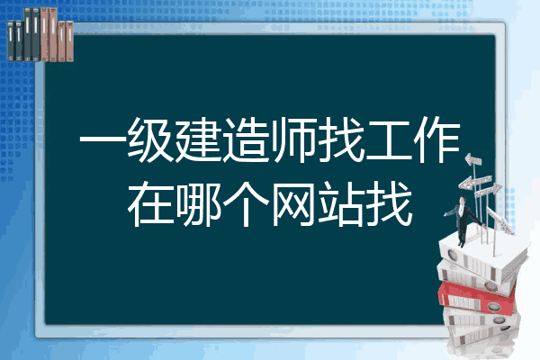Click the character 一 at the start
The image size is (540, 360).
[x=102, y=140]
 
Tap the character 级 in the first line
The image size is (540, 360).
[x=150, y=140]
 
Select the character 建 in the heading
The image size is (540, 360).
[x=198, y=140]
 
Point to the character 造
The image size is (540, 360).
[x=246, y=140]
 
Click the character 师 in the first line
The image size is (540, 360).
[x=293, y=140]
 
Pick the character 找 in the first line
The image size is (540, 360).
[x=342, y=140]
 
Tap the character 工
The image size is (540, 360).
[x=390, y=140]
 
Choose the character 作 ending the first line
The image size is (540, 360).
[x=437, y=140]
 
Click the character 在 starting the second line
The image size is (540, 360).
[x=150, y=204]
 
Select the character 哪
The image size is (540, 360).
[x=198, y=204]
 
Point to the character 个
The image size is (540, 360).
[x=246, y=204]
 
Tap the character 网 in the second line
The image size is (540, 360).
[x=293, y=204]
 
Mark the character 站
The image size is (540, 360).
[x=342, y=204]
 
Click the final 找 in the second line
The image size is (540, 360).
[x=390, y=204]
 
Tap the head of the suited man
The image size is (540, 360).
[x=462, y=200]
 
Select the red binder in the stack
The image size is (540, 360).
[x=477, y=297]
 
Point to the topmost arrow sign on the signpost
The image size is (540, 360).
[x=472, y=160]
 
